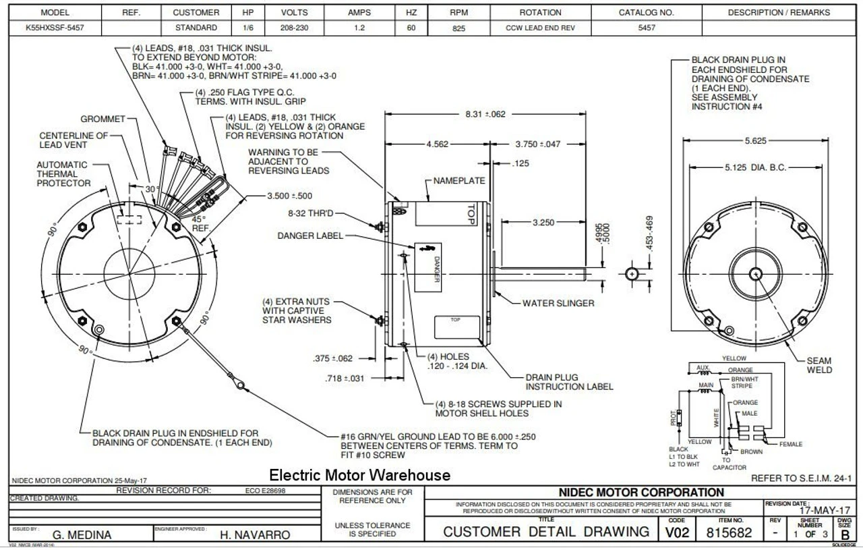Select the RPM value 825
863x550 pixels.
point(458,28)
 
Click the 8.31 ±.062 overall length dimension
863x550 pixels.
point(485,115)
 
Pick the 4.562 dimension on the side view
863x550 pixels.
point(439,144)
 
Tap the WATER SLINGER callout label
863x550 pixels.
point(558,303)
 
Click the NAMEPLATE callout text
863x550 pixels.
point(459,181)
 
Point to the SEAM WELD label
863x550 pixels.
point(819,365)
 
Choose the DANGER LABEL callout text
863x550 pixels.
point(310,236)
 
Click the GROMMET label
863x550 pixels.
point(103,119)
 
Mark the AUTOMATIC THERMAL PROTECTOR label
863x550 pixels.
point(62,173)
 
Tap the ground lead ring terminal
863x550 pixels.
point(237,385)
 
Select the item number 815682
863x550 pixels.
point(730,532)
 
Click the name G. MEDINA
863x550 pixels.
point(82,534)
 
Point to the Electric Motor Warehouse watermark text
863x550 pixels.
point(359,475)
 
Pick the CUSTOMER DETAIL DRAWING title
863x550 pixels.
point(546,532)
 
